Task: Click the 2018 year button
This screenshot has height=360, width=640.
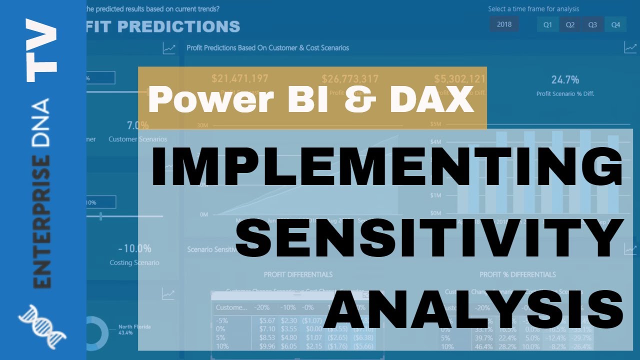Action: tap(504, 24)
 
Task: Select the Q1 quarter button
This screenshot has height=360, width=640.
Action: tap(547, 24)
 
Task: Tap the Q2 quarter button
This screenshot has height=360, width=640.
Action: tap(570, 24)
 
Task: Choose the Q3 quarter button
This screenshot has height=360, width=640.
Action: tap(592, 24)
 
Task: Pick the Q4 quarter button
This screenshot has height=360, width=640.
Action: tap(615, 24)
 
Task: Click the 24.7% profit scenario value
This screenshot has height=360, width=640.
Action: tap(565, 79)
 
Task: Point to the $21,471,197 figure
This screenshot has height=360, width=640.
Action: tap(240, 78)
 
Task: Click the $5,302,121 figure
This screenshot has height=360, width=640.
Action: tap(459, 78)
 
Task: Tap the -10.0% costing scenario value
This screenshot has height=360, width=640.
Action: tap(134, 248)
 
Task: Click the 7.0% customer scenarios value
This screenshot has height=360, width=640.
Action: tap(137, 125)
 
